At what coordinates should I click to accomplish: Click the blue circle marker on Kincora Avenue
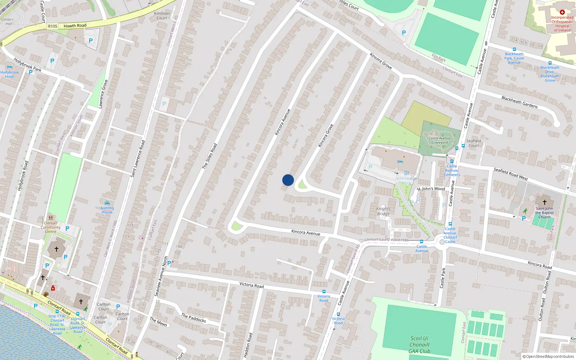click(x=288, y=180)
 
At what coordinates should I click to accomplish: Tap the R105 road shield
click(x=53, y=26)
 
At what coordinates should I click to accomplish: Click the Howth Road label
click(x=75, y=26)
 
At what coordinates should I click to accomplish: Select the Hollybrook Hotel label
click(x=10, y=74)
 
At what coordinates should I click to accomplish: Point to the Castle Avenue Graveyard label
click(x=440, y=140)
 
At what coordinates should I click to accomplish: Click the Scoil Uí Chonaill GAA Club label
click(x=419, y=345)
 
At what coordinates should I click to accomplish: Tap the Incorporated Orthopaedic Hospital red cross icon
click(x=562, y=12)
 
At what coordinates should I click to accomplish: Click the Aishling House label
click(x=107, y=210)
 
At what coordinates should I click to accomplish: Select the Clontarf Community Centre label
click(x=50, y=227)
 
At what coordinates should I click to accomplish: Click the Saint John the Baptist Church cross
click(x=544, y=202)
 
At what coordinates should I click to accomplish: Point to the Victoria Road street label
click(x=252, y=285)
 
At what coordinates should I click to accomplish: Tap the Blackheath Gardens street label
click(x=519, y=102)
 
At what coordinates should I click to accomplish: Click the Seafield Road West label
click(x=510, y=174)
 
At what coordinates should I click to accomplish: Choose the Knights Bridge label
click(x=383, y=211)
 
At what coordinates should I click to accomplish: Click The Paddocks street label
click(x=194, y=318)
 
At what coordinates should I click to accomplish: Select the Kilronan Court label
click(x=162, y=16)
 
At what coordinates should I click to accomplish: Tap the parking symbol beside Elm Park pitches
click(x=404, y=33)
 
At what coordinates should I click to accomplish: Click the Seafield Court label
click(x=474, y=143)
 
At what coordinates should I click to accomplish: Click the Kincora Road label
click(x=540, y=265)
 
